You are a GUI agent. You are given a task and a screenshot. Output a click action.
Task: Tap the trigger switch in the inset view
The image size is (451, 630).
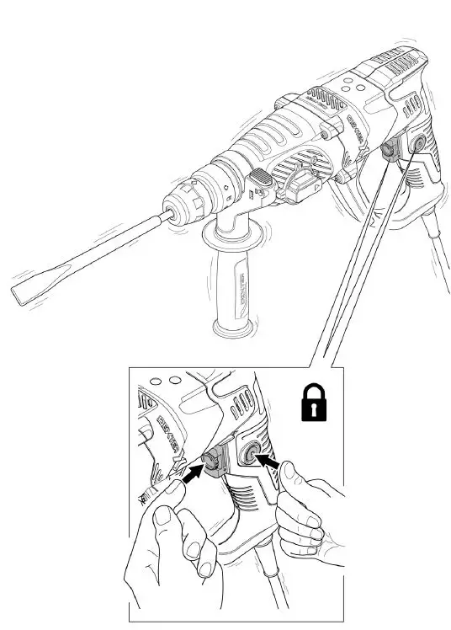point(212,459)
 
